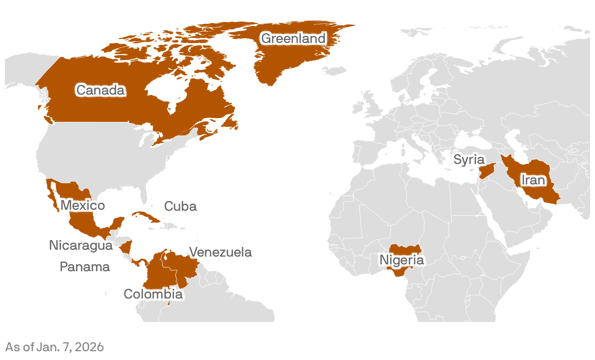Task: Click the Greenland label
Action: (293, 38)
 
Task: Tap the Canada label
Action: (100, 90)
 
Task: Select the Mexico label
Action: (82, 205)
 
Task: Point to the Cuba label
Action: (180, 206)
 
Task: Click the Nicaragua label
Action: (80, 245)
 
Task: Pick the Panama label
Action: (85, 267)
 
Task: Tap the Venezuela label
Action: (220, 252)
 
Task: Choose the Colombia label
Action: (153, 294)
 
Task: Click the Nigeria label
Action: (402, 260)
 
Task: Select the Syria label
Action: (469, 160)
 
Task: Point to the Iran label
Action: (533, 180)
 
